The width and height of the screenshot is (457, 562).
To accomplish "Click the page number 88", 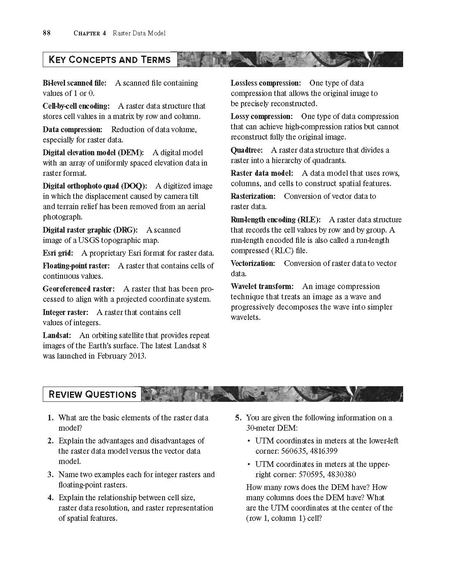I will tap(46, 33).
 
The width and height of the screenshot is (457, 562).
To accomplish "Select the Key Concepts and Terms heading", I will tap(109, 60).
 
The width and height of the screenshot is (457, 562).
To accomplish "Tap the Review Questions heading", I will tap(92, 394).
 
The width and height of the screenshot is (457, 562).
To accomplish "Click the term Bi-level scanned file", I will tap(74, 83).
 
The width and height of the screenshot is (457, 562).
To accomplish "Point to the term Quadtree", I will tap(246, 150).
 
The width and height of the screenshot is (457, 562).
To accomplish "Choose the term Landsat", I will tap(57, 336).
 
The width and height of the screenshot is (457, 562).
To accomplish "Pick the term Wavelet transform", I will tap(262, 287).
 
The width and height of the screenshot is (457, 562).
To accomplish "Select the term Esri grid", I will tap(58, 253).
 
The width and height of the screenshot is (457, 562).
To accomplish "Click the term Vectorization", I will tap(253, 264).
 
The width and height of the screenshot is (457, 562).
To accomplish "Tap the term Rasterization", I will tap(253, 196).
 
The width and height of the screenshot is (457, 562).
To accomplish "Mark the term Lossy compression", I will tap(262, 117).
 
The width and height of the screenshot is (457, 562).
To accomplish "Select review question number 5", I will tap(238, 418).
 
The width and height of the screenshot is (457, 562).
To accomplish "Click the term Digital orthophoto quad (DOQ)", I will tap(95, 186).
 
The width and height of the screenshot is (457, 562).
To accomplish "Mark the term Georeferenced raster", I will tap(79, 289).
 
